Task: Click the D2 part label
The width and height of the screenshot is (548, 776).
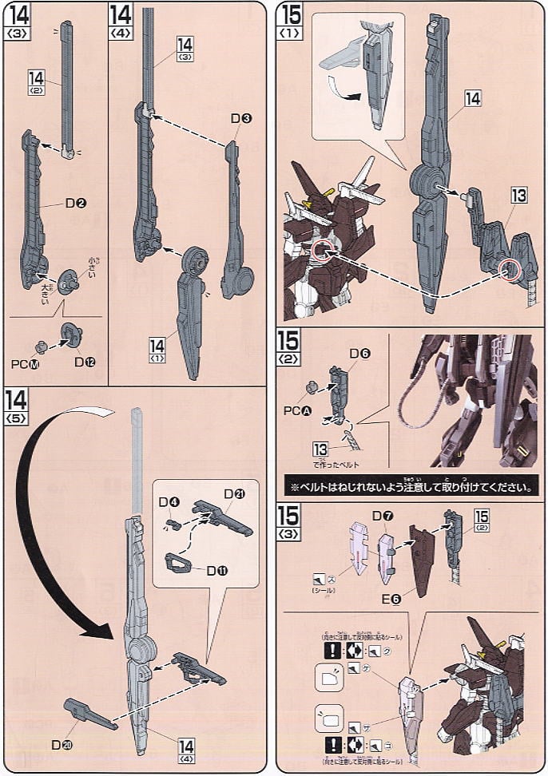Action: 77,204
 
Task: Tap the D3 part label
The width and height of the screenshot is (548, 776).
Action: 241,119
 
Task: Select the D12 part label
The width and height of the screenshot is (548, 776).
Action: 83,362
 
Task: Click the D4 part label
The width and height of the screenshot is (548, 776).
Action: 168,501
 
